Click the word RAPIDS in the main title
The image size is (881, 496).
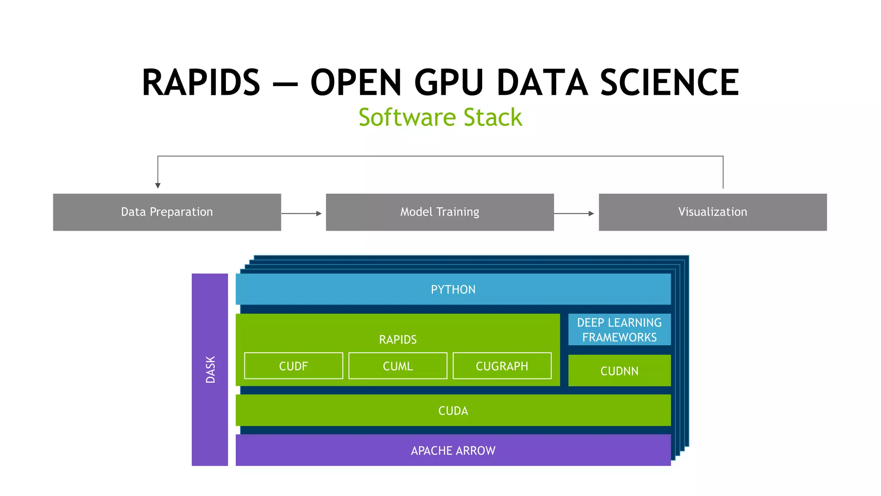click(x=201, y=83)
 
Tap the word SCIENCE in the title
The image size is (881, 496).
click(x=669, y=83)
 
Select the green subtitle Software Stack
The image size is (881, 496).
click(x=440, y=117)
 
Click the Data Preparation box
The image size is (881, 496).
click(x=167, y=212)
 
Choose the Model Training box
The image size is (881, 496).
click(x=440, y=212)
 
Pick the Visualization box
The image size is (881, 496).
click(x=712, y=212)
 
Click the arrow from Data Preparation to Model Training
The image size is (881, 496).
click(x=302, y=214)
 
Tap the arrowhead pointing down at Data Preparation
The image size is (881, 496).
click(x=158, y=185)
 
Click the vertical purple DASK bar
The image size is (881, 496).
click(x=210, y=369)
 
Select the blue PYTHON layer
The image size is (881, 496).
click(x=453, y=289)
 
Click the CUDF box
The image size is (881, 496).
click(x=293, y=366)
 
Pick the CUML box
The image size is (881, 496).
click(x=397, y=366)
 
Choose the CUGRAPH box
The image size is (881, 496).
click(x=502, y=366)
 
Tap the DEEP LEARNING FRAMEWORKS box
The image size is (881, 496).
click(x=619, y=330)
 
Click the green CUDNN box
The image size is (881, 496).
click(x=619, y=371)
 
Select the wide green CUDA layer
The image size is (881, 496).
click(x=453, y=410)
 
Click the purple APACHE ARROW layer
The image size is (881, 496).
click(x=453, y=450)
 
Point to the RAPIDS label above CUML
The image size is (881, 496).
click(x=397, y=340)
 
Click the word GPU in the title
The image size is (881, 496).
click(x=449, y=83)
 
